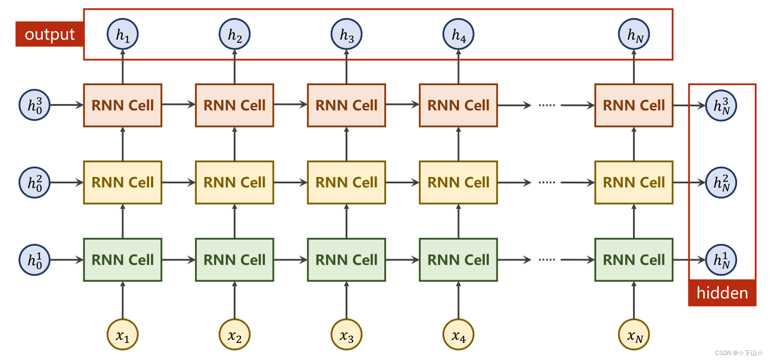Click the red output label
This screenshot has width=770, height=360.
[x=50, y=34]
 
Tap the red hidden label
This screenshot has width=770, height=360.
[x=722, y=293]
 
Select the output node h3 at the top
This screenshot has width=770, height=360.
[x=346, y=34]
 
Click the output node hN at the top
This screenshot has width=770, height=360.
[x=634, y=34]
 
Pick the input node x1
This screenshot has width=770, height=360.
[x=123, y=335]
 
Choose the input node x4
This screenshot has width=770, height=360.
[x=458, y=335]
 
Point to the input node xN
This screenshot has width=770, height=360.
[x=634, y=335]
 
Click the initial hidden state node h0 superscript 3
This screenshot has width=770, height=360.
[x=35, y=105]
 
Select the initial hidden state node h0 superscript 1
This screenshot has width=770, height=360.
[x=35, y=260]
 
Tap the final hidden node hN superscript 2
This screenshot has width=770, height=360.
[x=721, y=182]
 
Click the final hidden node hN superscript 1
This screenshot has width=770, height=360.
[x=721, y=260]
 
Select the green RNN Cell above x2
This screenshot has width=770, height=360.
[x=234, y=260]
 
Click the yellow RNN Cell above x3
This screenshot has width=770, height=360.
[x=346, y=182]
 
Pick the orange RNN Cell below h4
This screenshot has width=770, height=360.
[x=458, y=105]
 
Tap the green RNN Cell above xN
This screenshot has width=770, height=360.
[x=634, y=260]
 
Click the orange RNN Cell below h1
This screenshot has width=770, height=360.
[x=123, y=105]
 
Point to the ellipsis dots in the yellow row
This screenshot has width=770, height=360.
[x=547, y=182]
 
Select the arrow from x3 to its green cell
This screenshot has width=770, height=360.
[x=346, y=301]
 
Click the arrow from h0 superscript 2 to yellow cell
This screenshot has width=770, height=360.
[x=67, y=182]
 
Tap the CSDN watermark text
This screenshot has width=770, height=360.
[x=739, y=353]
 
